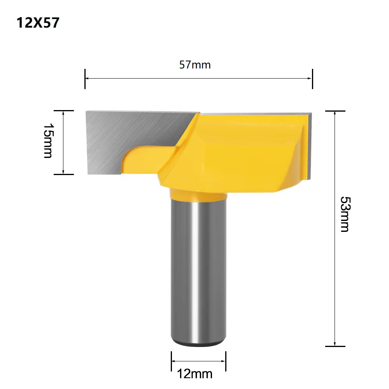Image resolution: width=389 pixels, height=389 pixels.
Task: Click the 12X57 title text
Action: click(x=38, y=23)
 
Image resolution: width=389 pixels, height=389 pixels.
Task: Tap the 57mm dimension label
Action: click(x=195, y=65)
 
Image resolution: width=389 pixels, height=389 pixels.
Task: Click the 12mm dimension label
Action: click(x=195, y=374)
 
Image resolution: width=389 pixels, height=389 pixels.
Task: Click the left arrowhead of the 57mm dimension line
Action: click(x=87, y=78)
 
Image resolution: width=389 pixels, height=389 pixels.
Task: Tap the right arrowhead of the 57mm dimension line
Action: click(x=310, y=78)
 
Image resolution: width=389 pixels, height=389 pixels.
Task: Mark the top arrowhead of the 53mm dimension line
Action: click(x=335, y=113)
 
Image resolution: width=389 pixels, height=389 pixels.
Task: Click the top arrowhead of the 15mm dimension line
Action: click(x=63, y=112)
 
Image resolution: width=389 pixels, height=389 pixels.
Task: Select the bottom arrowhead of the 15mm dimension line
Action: click(x=63, y=172)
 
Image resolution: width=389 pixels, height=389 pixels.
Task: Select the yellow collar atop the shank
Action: click(x=198, y=194)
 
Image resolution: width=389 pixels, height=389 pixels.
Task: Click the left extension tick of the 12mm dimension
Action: click(x=171, y=362)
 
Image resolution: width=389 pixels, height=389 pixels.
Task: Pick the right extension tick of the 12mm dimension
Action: click(x=226, y=362)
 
